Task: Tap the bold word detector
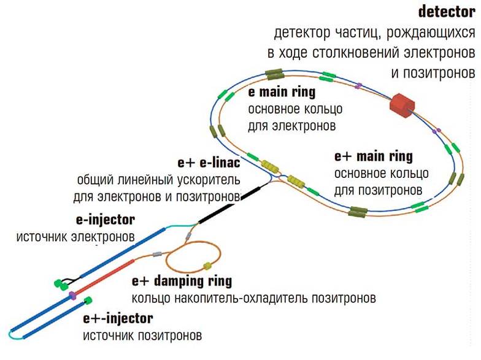[446, 12]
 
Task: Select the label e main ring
[282, 93]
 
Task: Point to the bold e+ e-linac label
[209, 163]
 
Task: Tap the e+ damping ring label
[182, 281]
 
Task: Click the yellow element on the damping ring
[207, 266]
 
